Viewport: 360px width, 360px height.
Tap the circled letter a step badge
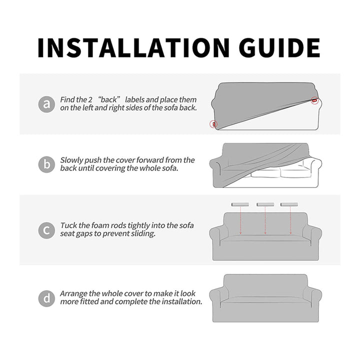pyautogui.click(x=46, y=104)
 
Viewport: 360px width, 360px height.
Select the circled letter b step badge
pyautogui.click(x=46, y=164)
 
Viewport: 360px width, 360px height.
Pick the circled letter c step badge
pyautogui.click(x=46, y=230)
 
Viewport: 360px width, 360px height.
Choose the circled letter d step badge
pyautogui.click(x=46, y=298)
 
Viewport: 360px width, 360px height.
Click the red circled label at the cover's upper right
pyautogui.click(x=314, y=100)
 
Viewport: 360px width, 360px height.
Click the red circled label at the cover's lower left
pyautogui.click(x=213, y=123)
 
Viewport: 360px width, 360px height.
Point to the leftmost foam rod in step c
pyautogui.click(x=240, y=204)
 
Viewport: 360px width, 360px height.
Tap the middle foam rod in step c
pyautogui.click(x=265, y=204)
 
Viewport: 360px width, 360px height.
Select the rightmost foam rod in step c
pyautogui.click(x=289, y=204)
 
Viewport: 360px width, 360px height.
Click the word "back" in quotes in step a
pyautogui.click(x=124, y=100)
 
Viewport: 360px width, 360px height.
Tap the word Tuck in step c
pyautogui.click(x=68, y=226)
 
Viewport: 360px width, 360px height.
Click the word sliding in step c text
pyautogui.click(x=143, y=234)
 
